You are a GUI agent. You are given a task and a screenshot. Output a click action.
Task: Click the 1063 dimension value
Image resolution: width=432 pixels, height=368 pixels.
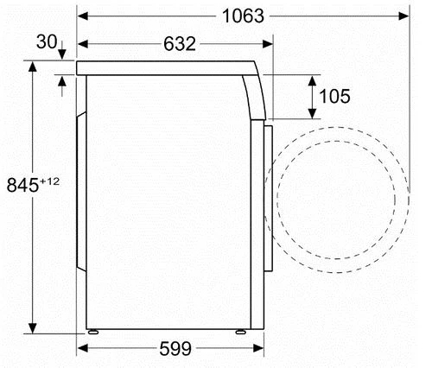(244, 16)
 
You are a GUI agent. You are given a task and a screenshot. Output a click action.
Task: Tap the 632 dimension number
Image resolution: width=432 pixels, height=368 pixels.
(180, 44)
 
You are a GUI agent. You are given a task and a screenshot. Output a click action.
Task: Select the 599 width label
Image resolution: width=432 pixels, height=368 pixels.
(175, 348)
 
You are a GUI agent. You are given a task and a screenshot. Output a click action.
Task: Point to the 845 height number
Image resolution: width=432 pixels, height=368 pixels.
(22, 185)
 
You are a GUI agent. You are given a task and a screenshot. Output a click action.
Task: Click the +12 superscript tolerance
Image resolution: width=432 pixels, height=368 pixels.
(50, 181)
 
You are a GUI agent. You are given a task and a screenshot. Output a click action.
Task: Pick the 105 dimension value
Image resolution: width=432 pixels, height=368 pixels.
(334, 96)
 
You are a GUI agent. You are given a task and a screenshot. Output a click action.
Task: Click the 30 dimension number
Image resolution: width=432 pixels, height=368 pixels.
(47, 42)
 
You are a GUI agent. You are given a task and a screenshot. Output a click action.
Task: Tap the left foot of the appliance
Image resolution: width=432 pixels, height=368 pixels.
(93, 332)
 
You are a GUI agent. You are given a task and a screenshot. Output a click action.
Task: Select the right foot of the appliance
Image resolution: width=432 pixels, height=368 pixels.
(241, 332)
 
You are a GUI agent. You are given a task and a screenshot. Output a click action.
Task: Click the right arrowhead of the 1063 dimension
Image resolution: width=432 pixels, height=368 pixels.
(403, 16)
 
